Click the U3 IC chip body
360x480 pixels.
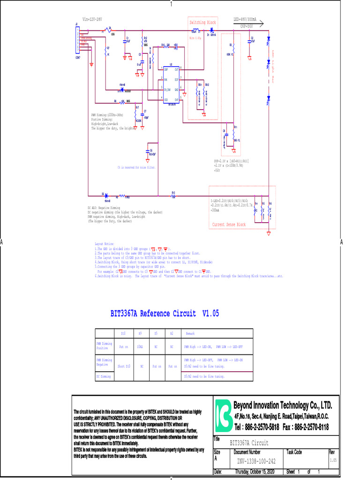[172, 84]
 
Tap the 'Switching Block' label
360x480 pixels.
[202, 22]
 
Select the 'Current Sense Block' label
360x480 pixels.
[229, 225]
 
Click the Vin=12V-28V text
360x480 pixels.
[92, 20]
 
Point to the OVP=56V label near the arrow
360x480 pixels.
[247, 27]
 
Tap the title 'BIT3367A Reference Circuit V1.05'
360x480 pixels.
[165, 313]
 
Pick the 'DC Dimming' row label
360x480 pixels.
[104, 376]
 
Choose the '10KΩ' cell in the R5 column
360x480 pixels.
[140, 347]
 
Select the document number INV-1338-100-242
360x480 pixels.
[256, 461]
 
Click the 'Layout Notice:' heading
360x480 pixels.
[105, 244]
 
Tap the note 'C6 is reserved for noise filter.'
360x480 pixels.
[136, 167]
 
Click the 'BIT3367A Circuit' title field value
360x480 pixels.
[249, 442]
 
